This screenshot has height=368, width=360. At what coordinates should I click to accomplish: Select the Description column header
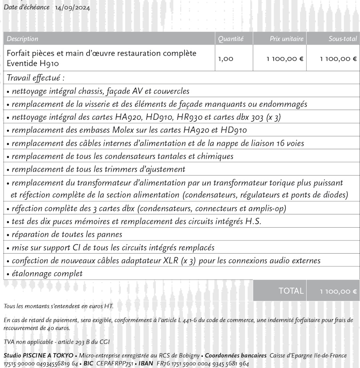[22, 39]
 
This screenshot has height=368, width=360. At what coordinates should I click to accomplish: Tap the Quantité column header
[230, 39]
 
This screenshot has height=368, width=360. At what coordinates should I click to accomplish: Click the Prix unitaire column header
[286, 39]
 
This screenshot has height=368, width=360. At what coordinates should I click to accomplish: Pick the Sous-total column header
[342, 39]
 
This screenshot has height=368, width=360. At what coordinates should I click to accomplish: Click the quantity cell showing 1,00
[226, 59]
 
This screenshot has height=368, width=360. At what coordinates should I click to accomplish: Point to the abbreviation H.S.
[253, 222]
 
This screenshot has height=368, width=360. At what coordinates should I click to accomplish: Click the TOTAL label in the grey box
[291, 291]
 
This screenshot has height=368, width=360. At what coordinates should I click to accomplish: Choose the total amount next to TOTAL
[338, 291]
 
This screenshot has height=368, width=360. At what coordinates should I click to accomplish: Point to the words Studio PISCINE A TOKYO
[38, 356]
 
